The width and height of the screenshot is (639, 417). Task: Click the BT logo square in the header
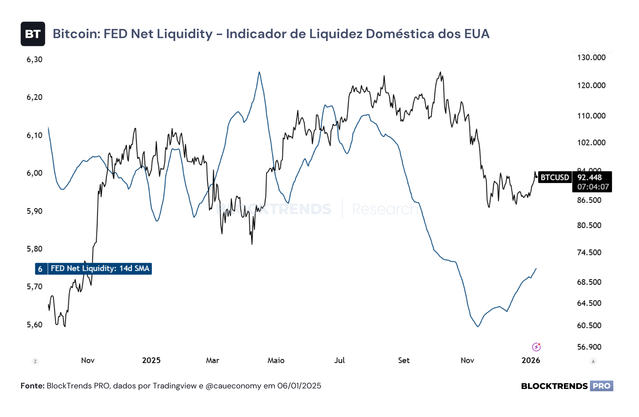pyautogui.click(x=33, y=34)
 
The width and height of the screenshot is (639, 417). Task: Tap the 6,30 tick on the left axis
pyautogui.click(x=35, y=60)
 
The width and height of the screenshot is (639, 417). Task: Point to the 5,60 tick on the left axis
pyautogui.click(x=35, y=325)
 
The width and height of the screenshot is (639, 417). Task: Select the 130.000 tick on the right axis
pyautogui.click(x=591, y=57)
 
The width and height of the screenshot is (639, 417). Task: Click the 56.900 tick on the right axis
pyautogui.click(x=589, y=347)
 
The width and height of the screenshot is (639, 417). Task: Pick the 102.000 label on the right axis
pyautogui.click(x=591, y=143)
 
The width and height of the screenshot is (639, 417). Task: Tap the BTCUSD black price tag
pyautogui.click(x=555, y=178)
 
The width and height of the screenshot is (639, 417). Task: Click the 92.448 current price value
pyautogui.click(x=590, y=178)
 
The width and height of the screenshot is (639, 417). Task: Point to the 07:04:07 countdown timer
pyautogui.click(x=593, y=187)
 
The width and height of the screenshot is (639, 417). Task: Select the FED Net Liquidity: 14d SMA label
pyautogui.click(x=100, y=269)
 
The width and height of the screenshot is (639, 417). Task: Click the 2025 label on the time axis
pyautogui.click(x=151, y=360)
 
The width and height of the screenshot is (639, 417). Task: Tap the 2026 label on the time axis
pyautogui.click(x=531, y=360)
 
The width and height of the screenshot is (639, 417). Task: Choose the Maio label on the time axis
pyautogui.click(x=276, y=360)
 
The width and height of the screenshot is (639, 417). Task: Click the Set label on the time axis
pyautogui.click(x=404, y=360)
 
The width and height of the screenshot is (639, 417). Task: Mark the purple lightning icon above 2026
pyautogui.click(x=536, y=347)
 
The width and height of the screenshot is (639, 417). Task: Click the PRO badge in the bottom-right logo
pyautogui.click(x=601, y=386)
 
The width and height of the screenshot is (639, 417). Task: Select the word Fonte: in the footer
pyautogui.click(x=32, y=386)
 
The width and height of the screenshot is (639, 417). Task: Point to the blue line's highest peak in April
pyautogui.click(x=259, y=72)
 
